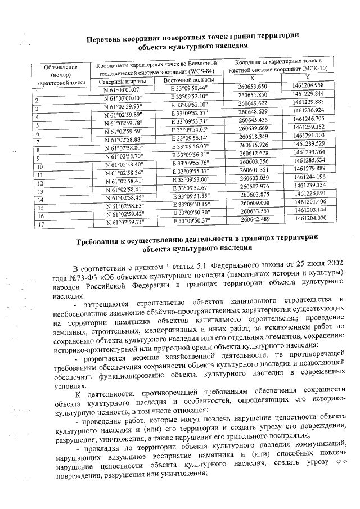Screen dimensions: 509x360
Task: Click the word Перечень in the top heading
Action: click(111, 39)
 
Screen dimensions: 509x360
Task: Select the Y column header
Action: click(307, 76)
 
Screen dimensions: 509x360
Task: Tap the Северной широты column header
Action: click(121, 82)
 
